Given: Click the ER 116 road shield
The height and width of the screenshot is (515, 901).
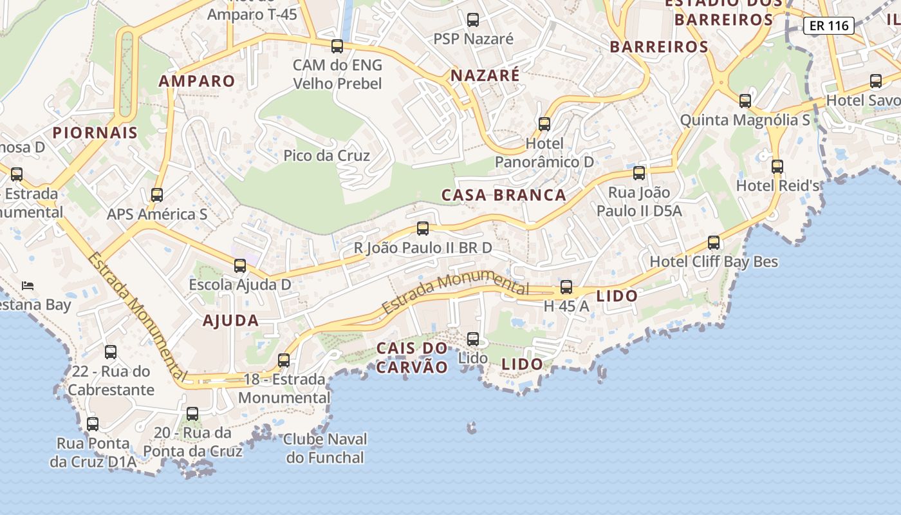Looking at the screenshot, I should [829, 26].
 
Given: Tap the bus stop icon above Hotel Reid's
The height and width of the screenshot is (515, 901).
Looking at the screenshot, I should [777, 166].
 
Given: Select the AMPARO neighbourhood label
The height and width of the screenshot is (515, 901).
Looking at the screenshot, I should [197, 81].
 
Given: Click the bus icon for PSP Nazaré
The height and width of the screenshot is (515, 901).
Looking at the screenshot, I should [473, 20].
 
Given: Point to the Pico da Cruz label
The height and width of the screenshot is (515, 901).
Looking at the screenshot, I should [326, 156].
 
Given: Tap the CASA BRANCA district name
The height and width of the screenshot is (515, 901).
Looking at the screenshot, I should [503, 195].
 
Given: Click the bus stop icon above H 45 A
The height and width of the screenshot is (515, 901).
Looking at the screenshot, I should [566, 287].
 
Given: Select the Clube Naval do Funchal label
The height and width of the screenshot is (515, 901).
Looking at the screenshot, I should [326, 449].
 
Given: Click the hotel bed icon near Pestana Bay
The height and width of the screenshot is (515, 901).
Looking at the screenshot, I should [27, 285].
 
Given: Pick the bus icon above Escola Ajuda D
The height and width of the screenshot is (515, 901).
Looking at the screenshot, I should [240, 265].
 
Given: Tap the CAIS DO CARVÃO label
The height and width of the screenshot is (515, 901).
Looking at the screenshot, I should [412, 358].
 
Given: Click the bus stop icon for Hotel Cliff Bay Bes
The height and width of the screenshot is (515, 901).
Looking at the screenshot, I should [714, 243].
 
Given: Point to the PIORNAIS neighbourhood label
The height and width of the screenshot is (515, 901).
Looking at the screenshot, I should [95, 133].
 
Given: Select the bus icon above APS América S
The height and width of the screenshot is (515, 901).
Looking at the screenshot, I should [157, 195].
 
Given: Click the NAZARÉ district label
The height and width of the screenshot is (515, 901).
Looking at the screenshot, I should [485, 75].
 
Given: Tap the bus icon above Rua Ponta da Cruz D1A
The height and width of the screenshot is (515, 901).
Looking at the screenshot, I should [93, 424].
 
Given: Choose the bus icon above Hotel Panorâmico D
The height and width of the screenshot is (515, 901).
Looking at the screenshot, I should [544, 124].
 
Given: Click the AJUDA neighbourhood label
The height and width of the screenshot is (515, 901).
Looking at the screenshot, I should [230, 321].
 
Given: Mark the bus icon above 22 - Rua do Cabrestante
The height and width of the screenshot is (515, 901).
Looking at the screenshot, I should [111, 352].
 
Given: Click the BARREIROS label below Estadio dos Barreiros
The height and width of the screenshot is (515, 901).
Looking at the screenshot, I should [659, 47].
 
